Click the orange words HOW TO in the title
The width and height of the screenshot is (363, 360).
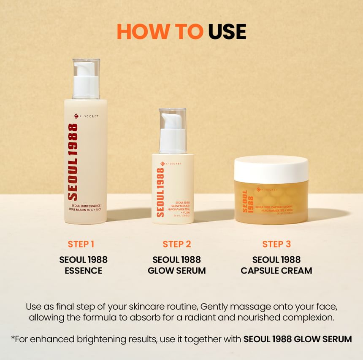click(160, 32)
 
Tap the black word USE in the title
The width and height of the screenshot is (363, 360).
click(227, 32)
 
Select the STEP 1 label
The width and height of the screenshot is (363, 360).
click(81, 244)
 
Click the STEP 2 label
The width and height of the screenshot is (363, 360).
click(177, 244)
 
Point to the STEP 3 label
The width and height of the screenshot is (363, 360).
click(276, 244)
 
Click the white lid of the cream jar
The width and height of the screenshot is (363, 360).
click(271, 169)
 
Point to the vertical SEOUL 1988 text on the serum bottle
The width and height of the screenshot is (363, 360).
click(160, 192)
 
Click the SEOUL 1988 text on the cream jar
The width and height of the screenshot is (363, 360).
click(245, 201)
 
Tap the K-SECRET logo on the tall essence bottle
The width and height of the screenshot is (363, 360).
click(86, 116)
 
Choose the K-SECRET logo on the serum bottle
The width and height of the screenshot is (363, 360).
click(171, 164)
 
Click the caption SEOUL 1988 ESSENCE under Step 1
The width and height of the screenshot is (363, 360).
click(83, 265)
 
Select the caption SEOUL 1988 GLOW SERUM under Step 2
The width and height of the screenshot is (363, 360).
click(177, 265)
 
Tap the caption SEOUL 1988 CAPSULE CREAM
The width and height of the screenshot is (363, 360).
click(276, 265)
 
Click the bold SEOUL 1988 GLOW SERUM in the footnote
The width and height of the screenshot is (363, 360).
click(298, 339)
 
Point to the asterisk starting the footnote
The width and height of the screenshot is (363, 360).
click(13, 338)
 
